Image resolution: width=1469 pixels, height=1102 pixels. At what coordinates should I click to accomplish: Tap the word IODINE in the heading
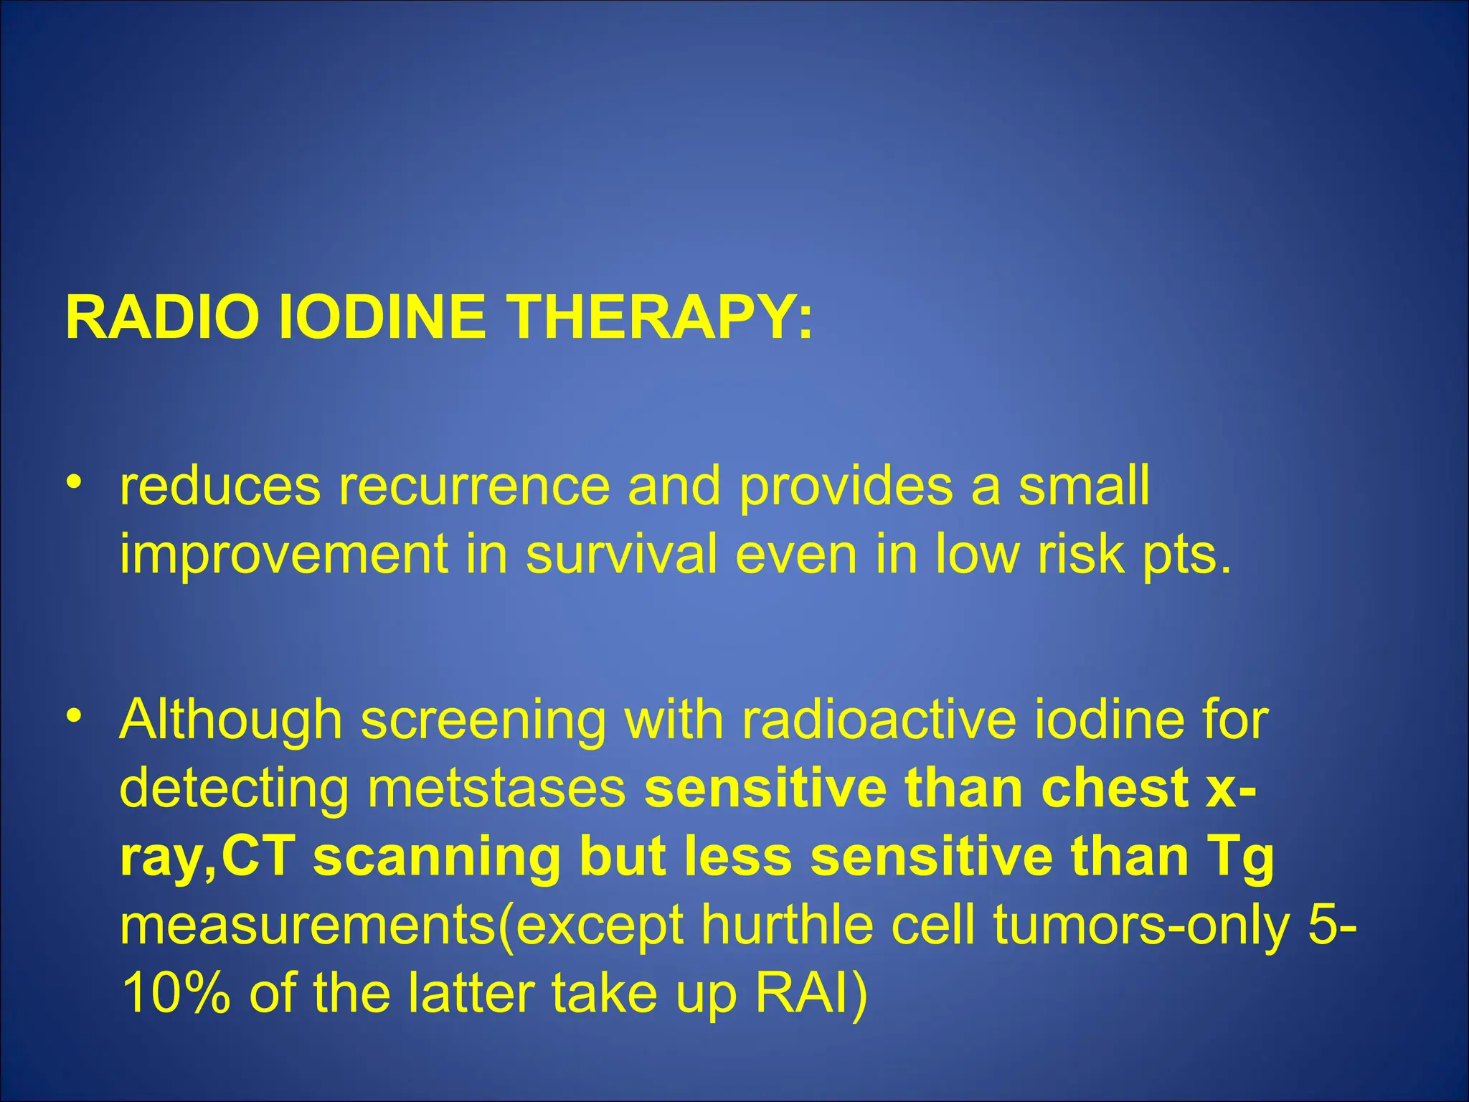381,317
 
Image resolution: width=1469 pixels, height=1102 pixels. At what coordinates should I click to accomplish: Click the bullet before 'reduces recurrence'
72,481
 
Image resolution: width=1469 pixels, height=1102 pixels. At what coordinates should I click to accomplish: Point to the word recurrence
474,486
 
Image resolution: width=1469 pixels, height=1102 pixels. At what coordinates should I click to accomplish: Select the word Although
230,720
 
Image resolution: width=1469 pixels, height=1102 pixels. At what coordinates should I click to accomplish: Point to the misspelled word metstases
496,788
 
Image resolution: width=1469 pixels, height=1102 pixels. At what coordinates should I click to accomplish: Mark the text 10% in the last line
176,994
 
